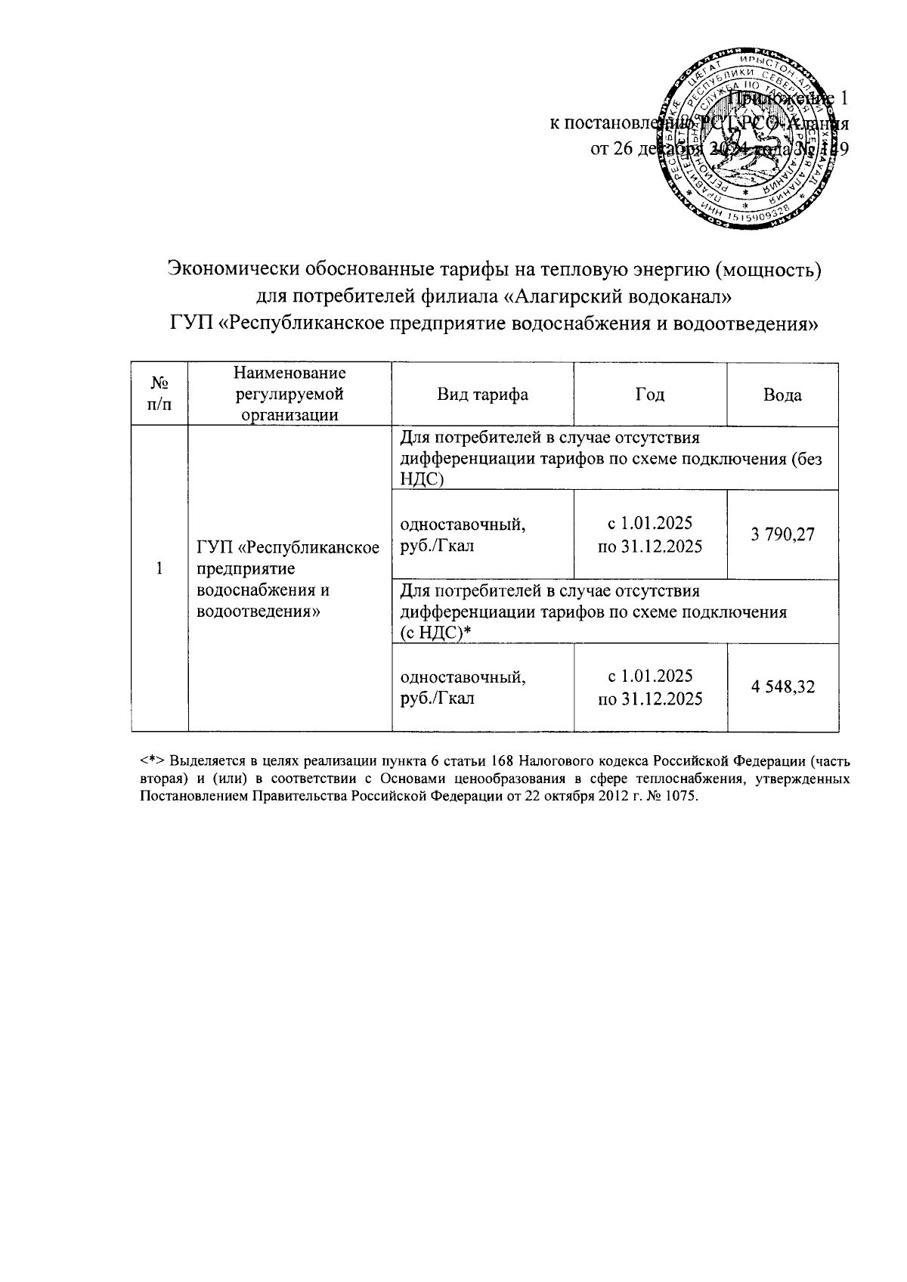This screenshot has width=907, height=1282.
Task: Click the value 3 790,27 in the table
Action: tap(782, 534)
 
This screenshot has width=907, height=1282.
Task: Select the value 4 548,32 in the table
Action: tap(782, 688)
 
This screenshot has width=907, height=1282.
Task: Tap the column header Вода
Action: tap(782, 395)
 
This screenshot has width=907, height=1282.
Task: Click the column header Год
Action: tap(649, 395)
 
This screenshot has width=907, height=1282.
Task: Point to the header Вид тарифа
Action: tap(482, 395)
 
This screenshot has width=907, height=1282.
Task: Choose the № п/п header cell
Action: tap(159, 395)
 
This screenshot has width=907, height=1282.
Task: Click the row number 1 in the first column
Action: tap(159, 568)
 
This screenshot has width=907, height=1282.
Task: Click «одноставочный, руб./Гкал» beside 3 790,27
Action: tap(462, 534)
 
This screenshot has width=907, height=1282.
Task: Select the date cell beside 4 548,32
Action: tap(649, 688)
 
